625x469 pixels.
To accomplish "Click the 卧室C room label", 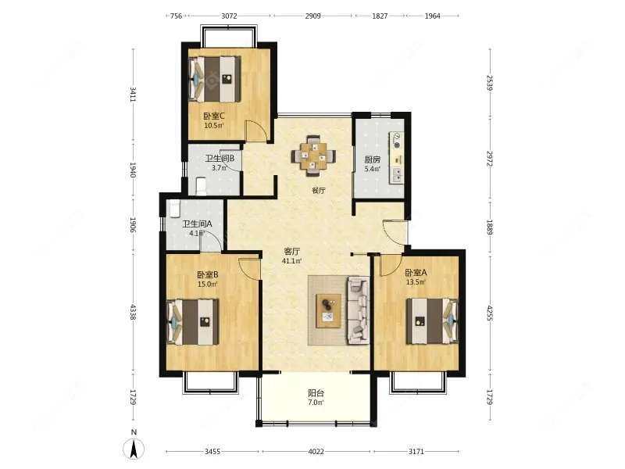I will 214,116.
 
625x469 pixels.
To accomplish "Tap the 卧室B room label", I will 207,274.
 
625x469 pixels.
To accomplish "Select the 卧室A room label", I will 416,273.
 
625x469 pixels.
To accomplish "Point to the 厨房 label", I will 372,160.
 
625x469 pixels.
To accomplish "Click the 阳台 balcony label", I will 316,394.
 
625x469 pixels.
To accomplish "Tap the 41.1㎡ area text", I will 292,261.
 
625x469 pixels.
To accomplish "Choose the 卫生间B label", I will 220,158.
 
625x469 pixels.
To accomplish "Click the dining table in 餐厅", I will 314,153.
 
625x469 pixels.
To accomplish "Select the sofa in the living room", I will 358,310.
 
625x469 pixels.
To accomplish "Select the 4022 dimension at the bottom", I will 316,452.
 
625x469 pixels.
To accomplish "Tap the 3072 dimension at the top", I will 229,16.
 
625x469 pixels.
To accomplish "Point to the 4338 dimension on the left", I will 133,313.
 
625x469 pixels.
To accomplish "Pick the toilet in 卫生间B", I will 200,185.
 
